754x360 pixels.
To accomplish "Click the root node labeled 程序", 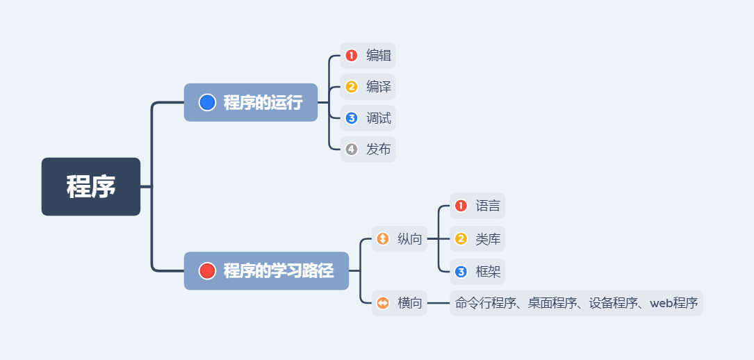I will point(91,186).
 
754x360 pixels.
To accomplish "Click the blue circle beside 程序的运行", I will point(207,102).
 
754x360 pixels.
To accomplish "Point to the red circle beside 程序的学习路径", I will point(207,271).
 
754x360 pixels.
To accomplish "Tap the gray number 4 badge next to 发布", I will point(352,149).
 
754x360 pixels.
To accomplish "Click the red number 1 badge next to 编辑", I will point(352,56).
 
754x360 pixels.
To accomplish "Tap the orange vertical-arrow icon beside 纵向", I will point(383,239).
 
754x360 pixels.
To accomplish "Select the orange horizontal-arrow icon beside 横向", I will point(383,303).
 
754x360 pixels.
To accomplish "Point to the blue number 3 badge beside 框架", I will point(461,272).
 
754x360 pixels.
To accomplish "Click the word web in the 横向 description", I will point(661,303).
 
